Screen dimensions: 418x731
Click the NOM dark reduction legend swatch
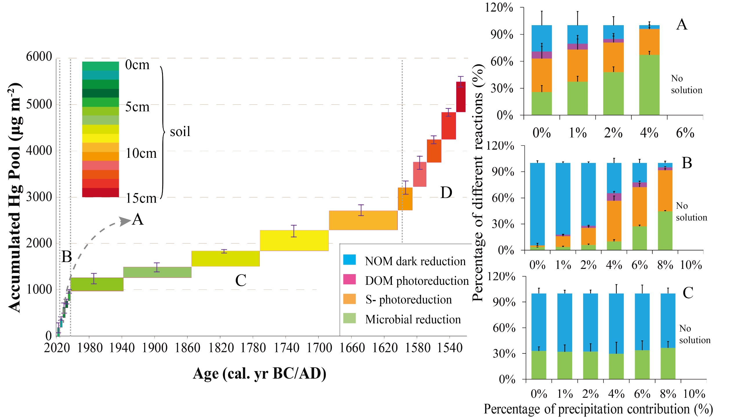pyautogui.click(x=349, y=260)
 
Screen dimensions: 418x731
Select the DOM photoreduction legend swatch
pyautogui.click(x=349, y=279)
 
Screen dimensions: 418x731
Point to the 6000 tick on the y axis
pyautogui.click(x=39, y=56)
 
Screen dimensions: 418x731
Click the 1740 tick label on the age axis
pyautogui.click(x=286, y=348)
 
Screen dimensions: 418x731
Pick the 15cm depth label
pyautogui.click(x=141, y=198)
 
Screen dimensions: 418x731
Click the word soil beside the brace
pyautogui.click(x=180, y=132)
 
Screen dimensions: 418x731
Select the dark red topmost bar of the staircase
pyautogui.click(x=461, y=97)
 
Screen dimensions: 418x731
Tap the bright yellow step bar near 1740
pyautogui.click(x=294, y=240)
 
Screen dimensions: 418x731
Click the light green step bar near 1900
pyautogui.click(x=157, y=272)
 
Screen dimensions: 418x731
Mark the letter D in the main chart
pyautogui.click(x=446, y=192)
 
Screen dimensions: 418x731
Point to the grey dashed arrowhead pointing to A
pyautogui.click(x=125, y=221)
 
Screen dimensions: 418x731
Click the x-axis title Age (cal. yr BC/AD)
pyautogui.click(x=259, y=373)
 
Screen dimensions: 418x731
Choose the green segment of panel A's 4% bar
pyautogui.click(x=649, y=85)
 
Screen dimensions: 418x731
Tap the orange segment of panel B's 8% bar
pyautogui.click(x=665, y=191)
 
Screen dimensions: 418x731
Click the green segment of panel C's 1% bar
pyautogui.click(x=564, y=365)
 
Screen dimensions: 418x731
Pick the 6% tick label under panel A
pyautogui.click(x=685, y=133)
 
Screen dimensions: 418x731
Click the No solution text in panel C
pyautogui.click(x=694, y=334)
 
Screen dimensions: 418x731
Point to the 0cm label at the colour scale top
pyautogui.click(x=137, y=65)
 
